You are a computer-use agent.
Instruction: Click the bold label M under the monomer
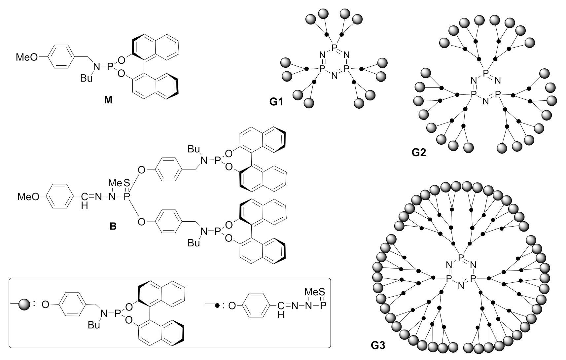pos(108,100)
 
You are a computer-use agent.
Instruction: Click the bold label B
pos(113,227)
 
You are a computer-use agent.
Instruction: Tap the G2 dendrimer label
pos(419,152)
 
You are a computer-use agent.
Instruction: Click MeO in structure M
pos(27,57)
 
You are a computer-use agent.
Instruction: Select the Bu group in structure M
pos(87,78)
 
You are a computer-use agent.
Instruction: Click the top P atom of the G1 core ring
pos(334,48)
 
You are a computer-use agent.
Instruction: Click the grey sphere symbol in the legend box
pos(24,304)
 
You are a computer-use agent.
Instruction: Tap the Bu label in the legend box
pos(94,325)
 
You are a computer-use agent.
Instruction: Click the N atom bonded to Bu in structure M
pos(96,67)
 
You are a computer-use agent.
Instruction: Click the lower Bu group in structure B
pos(194,243)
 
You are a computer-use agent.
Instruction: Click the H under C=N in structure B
pos(85,206)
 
